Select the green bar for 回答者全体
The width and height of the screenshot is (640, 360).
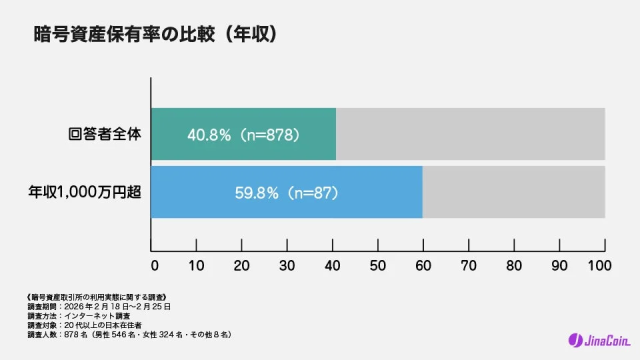[x=243, y=134]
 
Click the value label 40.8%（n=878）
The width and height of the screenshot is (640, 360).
[x=244, y=134]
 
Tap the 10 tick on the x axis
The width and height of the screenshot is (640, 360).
[x=198, y=267]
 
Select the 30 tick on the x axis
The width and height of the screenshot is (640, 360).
[x=288, y=267]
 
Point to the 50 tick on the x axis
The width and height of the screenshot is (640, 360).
[x=377, y=267]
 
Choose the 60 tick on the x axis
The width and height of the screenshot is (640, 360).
[x=422, y=267]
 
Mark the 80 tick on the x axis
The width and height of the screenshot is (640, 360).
[x=512, y=267]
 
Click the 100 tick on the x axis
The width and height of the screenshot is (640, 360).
[x=600, y=267]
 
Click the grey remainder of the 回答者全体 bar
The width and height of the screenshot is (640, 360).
[x=470, y=134]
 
